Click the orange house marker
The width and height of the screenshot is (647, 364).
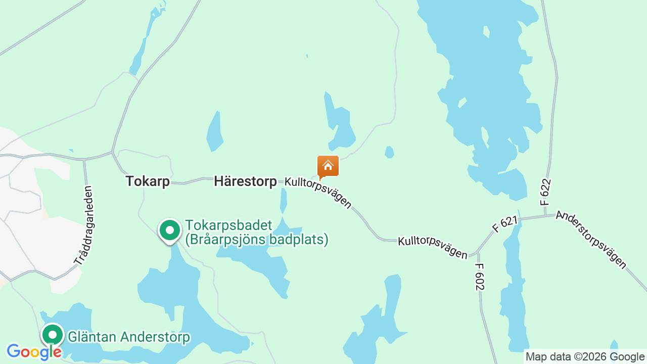click(x=328, y=166)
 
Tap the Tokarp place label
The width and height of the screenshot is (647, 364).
click(x=148, y=181)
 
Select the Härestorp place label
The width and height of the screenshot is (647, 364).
click(x=245, y=181)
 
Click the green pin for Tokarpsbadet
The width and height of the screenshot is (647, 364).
click(x=170, y=231)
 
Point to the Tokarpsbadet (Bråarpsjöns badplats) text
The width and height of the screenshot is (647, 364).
click(x=257, y=232)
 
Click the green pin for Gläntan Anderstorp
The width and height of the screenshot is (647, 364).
click(x=52, y=335)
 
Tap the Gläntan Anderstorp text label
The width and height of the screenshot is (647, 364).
click(x=129, y=337)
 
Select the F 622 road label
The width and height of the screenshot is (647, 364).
click(x=545, y=192)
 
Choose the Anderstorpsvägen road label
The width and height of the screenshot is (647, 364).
click(x=591, y=240)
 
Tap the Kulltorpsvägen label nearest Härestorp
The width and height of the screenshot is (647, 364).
click(x=318, y=193)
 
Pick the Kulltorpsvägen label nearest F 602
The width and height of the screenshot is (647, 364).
click(x=433, y=248)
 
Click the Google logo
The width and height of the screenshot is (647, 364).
click(x=33, y=352)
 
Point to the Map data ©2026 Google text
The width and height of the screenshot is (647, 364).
click(x=585, y=356)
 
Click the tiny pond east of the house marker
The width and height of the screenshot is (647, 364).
click(x=389, y=152)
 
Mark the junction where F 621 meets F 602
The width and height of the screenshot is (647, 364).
click(x=476, y=252)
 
